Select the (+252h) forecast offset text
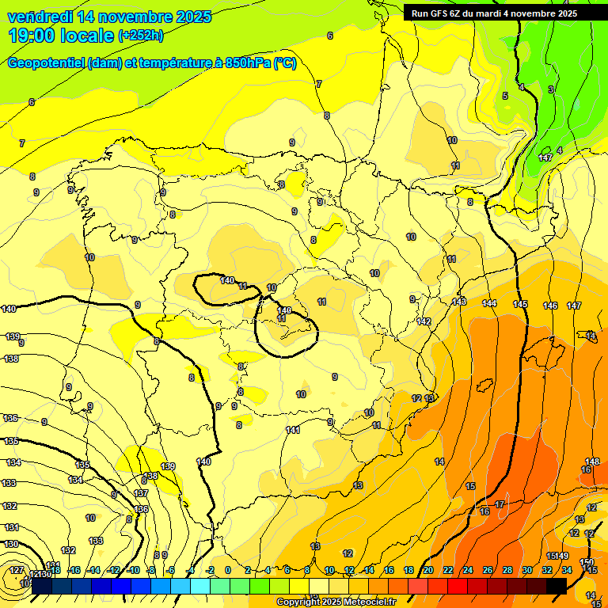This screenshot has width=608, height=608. coord(141,36)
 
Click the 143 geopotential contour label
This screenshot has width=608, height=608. coord(459,302)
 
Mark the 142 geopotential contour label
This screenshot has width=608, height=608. coord(424,321)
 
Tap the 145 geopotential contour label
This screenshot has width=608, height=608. coord(520,304)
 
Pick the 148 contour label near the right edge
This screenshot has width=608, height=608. coord(591,462)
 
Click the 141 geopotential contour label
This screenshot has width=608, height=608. coord(293,430)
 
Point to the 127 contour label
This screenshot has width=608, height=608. coord(17,570)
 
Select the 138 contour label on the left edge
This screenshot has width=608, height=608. coord(11,359)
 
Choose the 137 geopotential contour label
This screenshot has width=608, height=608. coord(142,493)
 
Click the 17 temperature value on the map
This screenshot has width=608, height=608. coord(500,504)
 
